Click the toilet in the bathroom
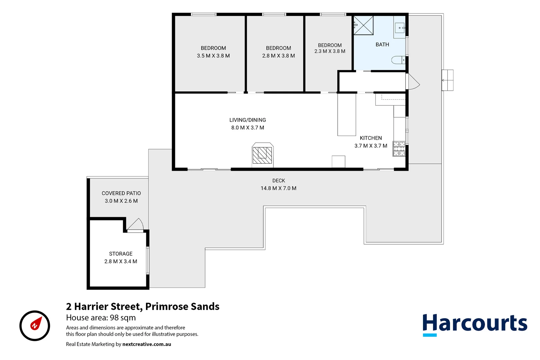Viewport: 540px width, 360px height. point(398,60)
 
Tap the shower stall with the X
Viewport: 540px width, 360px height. point(363,25)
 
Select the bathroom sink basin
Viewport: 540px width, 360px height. point(399,27)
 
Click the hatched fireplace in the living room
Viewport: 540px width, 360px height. point(263,155)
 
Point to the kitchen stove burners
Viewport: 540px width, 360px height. point(399,149)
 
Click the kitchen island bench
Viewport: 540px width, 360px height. point(346,115)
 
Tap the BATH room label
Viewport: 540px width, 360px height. point(382,45)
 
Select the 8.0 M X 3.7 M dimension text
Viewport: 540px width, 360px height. point(248,128)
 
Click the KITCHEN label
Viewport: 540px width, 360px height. point(371,138)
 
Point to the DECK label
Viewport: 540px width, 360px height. point(278,181)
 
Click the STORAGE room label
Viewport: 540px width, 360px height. point(121,254)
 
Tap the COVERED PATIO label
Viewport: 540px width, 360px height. point(121,193)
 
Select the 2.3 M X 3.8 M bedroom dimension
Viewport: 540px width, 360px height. point(330,51)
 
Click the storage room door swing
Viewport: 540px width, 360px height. point(135,224)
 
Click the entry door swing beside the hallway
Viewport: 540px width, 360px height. point(412,82)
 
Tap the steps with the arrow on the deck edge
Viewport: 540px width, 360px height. point(447,80)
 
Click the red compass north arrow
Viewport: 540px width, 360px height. point(36,323)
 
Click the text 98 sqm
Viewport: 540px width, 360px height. point(123,318)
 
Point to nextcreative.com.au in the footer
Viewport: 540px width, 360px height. point(147,344)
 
